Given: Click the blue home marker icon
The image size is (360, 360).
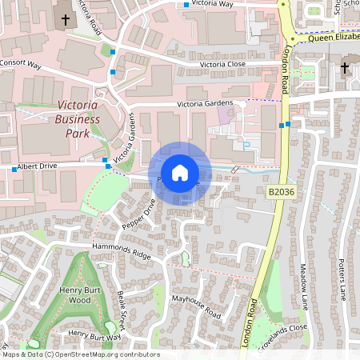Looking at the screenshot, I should pos(180,172).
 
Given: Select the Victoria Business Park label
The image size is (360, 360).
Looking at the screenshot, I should pos(78,120).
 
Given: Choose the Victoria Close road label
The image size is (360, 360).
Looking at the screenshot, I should pos(222,64).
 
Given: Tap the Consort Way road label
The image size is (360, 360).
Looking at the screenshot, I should pos(21,62).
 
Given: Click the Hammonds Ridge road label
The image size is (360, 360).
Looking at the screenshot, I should pos(122,250).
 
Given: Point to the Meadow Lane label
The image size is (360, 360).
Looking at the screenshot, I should pos(304,287).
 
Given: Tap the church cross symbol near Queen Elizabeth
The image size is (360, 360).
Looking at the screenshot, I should pos(345,68).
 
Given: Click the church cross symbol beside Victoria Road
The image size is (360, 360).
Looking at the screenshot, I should pos(65,18).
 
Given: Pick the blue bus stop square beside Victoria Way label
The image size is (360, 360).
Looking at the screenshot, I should pos(186,6).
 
